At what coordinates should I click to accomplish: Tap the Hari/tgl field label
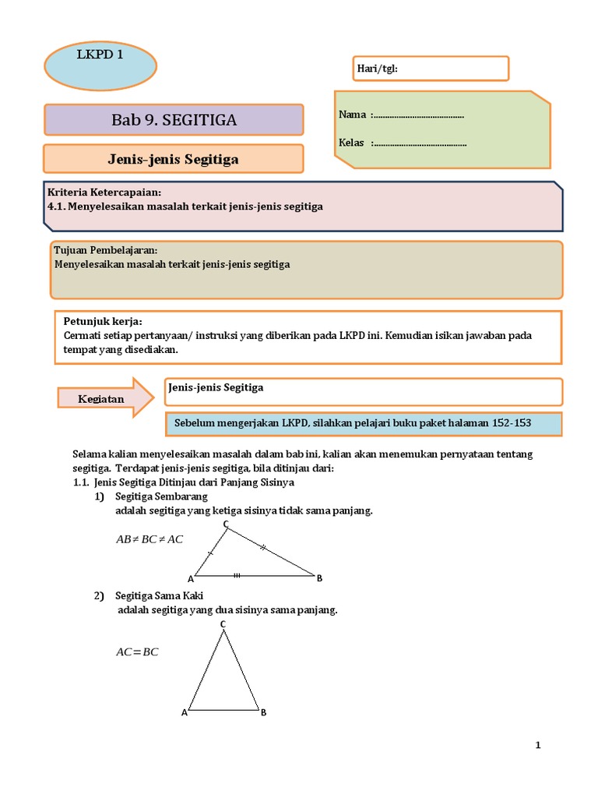(x=377, y=69)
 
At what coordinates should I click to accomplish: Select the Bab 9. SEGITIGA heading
(x=174, y=120)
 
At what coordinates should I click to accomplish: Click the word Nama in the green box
(x=352, y=115)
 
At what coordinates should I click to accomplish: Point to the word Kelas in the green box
(x=352, y=143)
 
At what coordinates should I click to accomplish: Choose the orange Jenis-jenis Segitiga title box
(x=173, y=159)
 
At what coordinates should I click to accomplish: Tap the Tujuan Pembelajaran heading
(x=105, y=250)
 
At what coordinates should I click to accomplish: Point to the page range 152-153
(x=512, y=423)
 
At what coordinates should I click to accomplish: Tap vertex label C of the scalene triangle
(x=226, y=524)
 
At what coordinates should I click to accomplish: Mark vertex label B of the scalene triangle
(x=319, y=577)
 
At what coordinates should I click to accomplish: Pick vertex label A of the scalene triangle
(x=190, y=578)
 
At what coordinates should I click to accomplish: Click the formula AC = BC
(x=137, y=651)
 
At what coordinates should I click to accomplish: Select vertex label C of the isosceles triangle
(x=223, y=624)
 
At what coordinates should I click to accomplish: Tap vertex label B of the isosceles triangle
(x=264, y=712)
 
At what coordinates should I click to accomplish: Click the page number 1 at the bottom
(x=537, y=745)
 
